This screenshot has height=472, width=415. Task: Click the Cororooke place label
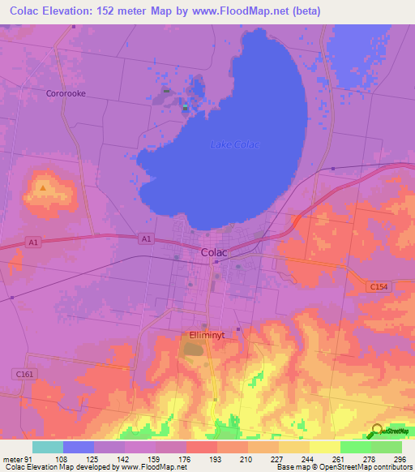coord(66,93)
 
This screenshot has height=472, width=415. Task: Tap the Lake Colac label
coord(234,145)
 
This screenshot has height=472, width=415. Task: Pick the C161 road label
coord(24,374)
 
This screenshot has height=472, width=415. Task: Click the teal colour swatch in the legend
coord(48,447)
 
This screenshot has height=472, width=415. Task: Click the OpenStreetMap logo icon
coord(377,430)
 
